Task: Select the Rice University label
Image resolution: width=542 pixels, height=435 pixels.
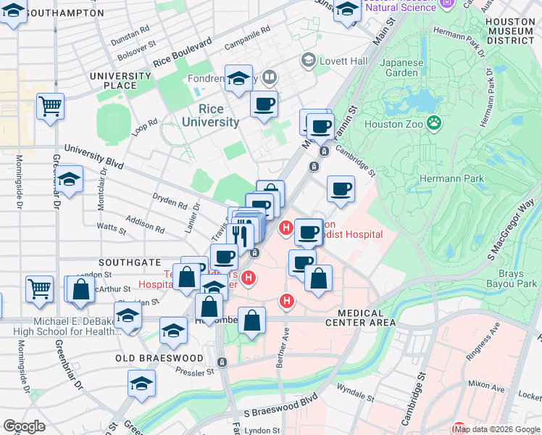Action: pos(209,115)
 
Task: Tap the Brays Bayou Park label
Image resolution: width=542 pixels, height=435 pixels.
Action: pos(517,278)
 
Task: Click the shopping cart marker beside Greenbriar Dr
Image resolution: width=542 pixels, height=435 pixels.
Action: pos(50,107)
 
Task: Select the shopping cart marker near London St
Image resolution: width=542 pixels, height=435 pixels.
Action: pos(39,288)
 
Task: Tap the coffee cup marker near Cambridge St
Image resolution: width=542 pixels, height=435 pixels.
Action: pos(341,190)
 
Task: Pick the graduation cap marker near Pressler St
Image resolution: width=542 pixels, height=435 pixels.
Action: pos(142,384)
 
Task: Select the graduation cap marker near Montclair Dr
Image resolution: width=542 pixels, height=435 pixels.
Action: pos(70,180)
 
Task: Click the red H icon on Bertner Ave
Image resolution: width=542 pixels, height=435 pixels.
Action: pos(288,300)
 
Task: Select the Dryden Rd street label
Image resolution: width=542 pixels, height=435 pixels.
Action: pos(170,200)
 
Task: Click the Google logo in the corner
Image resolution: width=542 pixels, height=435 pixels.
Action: pos(24,426)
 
